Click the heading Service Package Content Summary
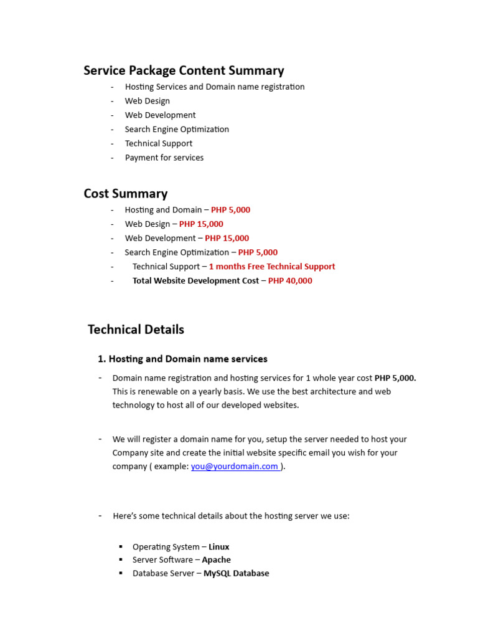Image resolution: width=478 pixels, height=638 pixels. tap(184, 70)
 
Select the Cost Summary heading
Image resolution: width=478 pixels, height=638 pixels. tap(126, 193)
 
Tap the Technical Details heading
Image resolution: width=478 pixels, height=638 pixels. tap(136, 329)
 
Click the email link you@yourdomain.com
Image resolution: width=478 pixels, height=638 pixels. tap(235, 466)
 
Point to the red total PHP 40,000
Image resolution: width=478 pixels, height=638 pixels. tap(290, 280)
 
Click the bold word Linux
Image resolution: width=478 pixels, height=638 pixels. tap(218, 546)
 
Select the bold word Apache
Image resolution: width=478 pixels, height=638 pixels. tap(216, 559)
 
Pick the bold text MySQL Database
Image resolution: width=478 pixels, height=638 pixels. tap(236, 573)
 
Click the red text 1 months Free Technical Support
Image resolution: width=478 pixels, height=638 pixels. tap(271, 266)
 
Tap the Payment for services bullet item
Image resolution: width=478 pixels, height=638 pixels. tap(164, 158)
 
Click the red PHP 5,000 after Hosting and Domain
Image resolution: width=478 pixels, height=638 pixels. tap(230, 210)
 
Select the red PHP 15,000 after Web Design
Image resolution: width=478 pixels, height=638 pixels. tap(201, 224)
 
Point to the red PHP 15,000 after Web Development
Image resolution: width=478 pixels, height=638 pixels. tap(227, 238)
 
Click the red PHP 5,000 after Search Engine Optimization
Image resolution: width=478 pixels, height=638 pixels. tap(258, 252)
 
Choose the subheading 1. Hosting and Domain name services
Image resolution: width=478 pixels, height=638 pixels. tap(182, 359)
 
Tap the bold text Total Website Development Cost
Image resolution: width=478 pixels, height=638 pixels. tap(195, 280)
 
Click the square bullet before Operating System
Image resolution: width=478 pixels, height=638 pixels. tap(121, 546)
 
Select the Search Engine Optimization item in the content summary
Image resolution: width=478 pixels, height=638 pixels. tap(177, 129)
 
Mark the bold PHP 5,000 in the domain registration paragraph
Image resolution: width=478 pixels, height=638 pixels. tap(395, 378)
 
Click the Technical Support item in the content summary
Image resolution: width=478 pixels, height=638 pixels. tap(158, 143)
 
